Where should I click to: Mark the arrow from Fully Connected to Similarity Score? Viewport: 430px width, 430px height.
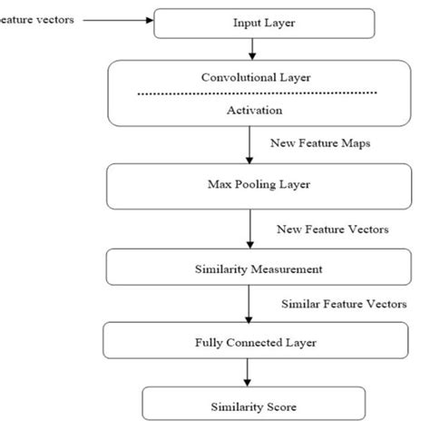(248, 372)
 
